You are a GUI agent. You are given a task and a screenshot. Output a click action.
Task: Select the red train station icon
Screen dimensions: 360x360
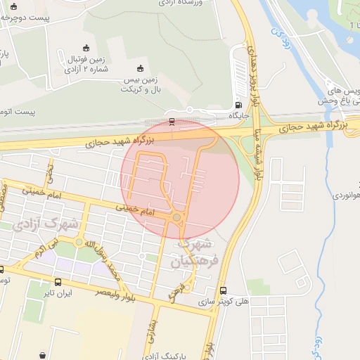point(172,121)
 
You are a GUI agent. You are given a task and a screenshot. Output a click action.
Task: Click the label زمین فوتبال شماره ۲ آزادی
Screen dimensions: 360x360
point(86,64)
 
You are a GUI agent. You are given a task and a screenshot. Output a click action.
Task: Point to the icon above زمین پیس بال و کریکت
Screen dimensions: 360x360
point(139,68)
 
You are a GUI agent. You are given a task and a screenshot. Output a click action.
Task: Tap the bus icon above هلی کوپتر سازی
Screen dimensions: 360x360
point(224,290)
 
